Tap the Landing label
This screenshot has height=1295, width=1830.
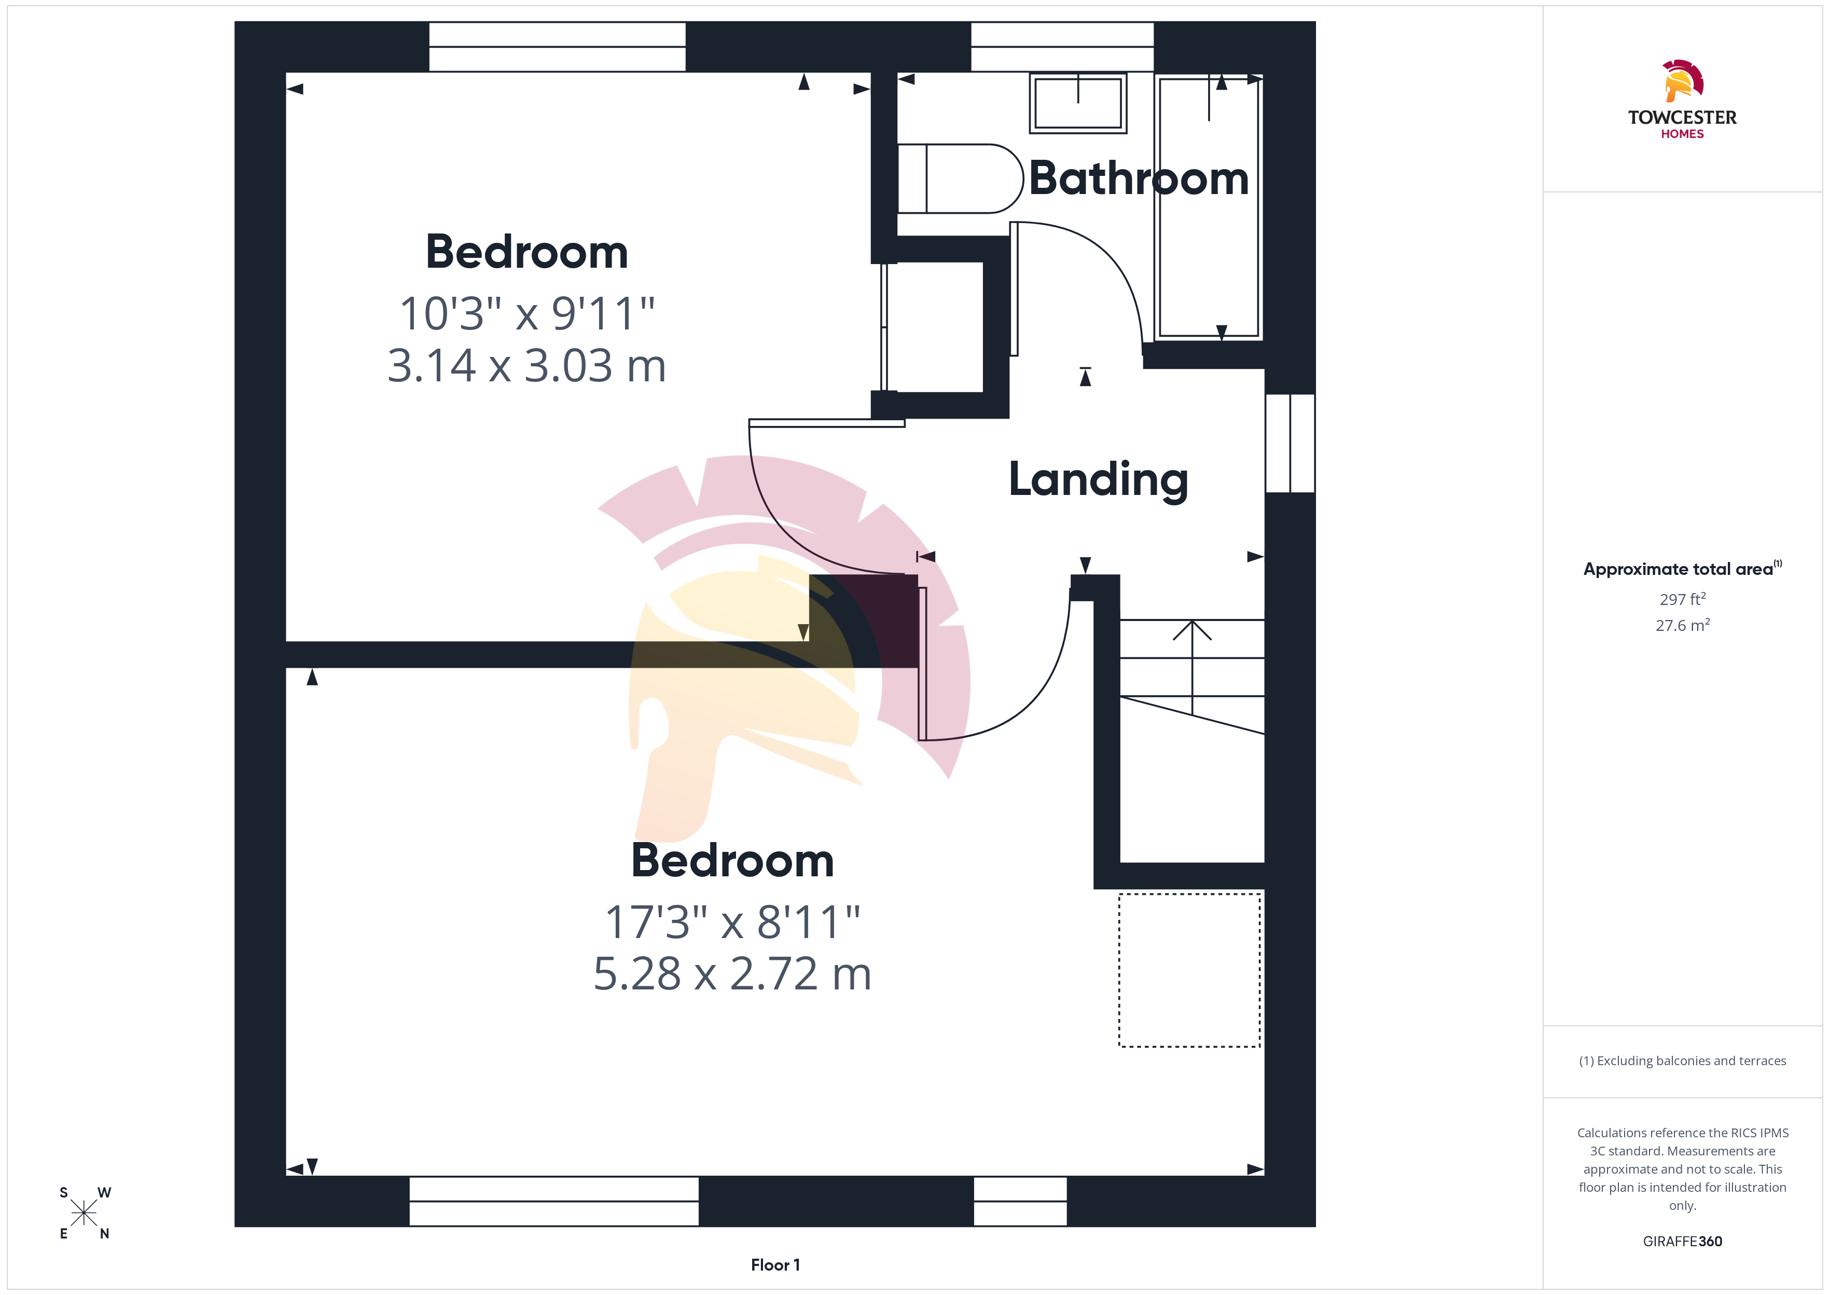[1098, 480]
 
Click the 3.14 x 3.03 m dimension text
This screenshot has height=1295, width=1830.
[526, 365]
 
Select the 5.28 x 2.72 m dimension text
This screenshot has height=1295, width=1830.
[732, 974]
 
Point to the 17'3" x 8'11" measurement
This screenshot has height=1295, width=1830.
[732, 922]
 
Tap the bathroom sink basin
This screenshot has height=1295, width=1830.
[1077, 103]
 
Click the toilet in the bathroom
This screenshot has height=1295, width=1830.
[960, 178]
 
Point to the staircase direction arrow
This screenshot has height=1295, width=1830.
[1193, 667]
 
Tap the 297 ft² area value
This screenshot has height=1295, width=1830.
[1683, 599]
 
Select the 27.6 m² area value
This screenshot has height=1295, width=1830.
[1683, 625]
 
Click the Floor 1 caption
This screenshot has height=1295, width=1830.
[775, 1265]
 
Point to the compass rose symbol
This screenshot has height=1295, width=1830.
[84, 1213]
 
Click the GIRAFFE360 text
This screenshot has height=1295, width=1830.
[1683, 1242]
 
